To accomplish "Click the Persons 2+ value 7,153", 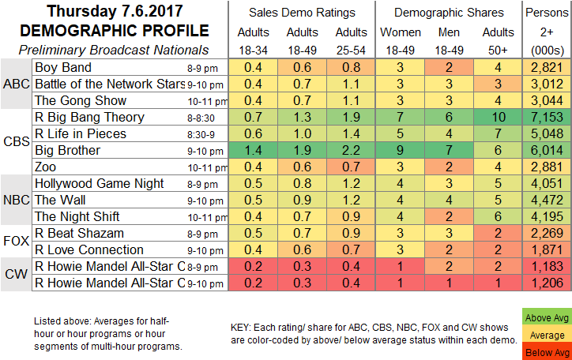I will [547, 118].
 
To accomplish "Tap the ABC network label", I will [16, 84].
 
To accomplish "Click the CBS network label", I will [16, 142].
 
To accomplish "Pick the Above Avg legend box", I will [547, 318].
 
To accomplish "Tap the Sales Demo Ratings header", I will [301, 12].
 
